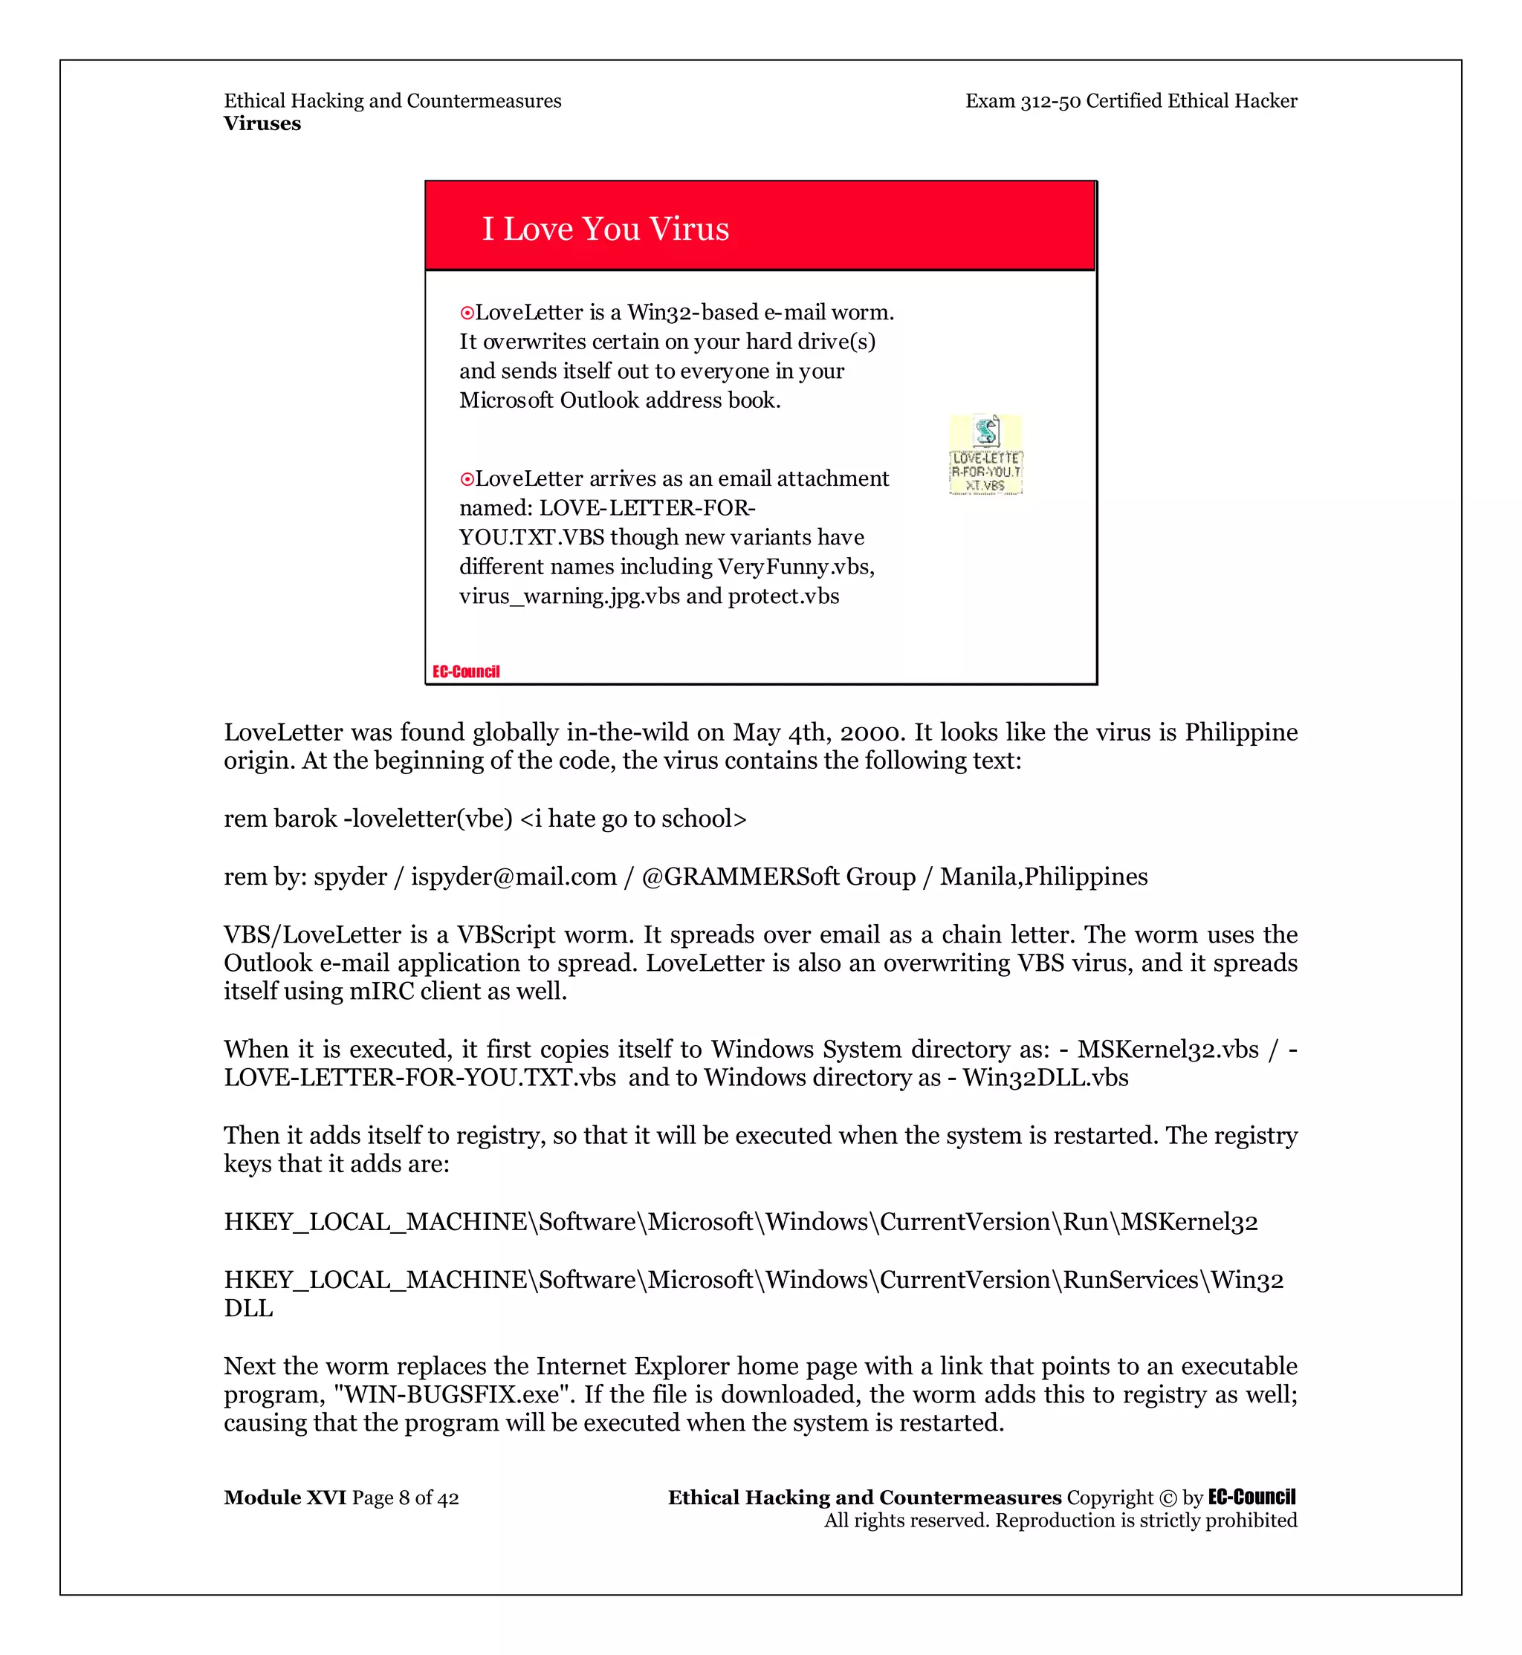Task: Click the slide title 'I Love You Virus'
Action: [606, 229]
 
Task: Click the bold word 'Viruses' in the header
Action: [262, 123]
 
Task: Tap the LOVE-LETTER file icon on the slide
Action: [986, 454]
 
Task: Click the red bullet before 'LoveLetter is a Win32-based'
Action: [467, 313]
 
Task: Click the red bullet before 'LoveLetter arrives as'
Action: [467, 479]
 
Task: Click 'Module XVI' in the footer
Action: [285, 1497]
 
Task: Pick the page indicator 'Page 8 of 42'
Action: [405, 1497]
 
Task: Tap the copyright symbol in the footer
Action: [1168, 1498]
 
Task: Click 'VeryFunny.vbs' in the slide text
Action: [794, 567]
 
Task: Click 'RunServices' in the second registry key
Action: [1130, 1280]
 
